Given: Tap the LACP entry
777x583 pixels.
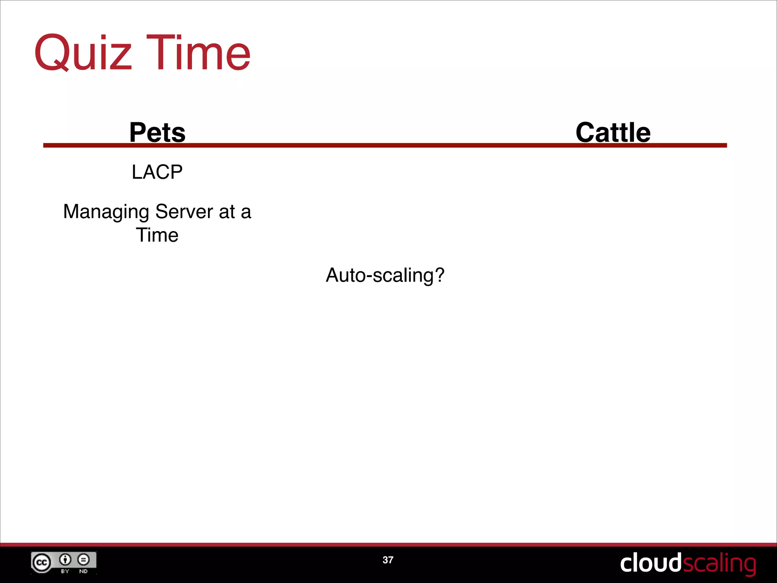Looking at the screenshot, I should tap(157, 172).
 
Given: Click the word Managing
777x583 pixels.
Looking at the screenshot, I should tap(106, 212).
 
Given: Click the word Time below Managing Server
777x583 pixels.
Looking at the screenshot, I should tap(157, 235).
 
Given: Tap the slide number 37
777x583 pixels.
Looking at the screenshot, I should tap(388, 560).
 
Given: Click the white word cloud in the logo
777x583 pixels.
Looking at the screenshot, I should tap(650, 563).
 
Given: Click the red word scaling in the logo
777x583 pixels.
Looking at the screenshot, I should tap(719, 564).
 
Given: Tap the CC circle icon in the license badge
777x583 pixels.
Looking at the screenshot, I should tap(41, 563).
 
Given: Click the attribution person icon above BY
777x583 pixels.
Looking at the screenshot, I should tap(65, 559).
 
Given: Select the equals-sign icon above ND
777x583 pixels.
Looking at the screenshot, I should tap(83, 559).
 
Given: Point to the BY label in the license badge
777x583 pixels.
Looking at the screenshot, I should tap(65, 571).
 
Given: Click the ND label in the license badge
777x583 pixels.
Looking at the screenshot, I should tap(83, 571).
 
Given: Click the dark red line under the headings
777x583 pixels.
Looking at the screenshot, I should tap(379, 145).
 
